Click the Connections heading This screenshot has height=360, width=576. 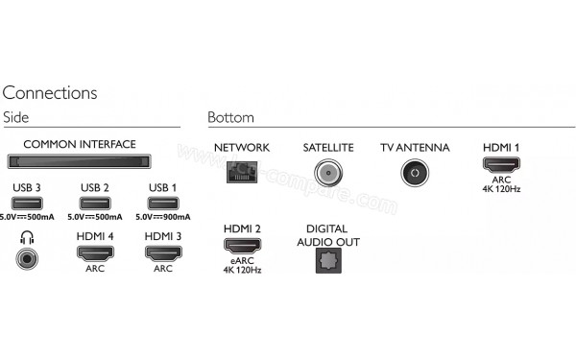(x=50, y=93)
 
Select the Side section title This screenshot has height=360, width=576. (x=16, y=117)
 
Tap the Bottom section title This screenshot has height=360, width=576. (x=230, y=117)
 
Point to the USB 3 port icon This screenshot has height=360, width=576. (x=26, y=202)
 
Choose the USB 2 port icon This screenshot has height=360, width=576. (x=94, y=202)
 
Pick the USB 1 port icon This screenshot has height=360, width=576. (x=162, y=202)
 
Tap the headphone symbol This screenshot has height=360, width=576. (x=25, y=236)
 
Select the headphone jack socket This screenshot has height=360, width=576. (x=26, y=256)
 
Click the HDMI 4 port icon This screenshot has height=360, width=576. (x=94, y=253)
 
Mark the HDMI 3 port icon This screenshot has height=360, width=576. (x=162, y=253)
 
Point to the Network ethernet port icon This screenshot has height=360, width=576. (x=241, y=172)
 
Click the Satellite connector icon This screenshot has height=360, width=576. (x=328, y=172)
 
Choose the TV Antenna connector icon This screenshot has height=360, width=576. (x=413, y=172)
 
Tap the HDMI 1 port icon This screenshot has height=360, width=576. (x=500, y=165)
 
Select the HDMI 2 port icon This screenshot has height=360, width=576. (x=242, y=246)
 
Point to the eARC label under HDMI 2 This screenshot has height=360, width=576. (x=242, y=260)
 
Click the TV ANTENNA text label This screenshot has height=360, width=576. (x=413, y=147)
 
